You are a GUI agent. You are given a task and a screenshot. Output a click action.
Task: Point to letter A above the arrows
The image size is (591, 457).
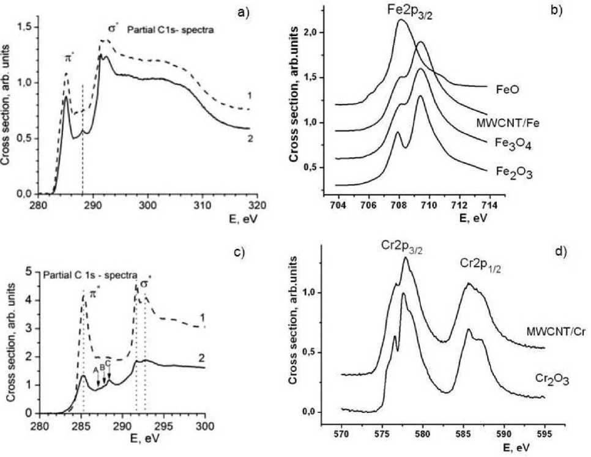click(x=95, y=370)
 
